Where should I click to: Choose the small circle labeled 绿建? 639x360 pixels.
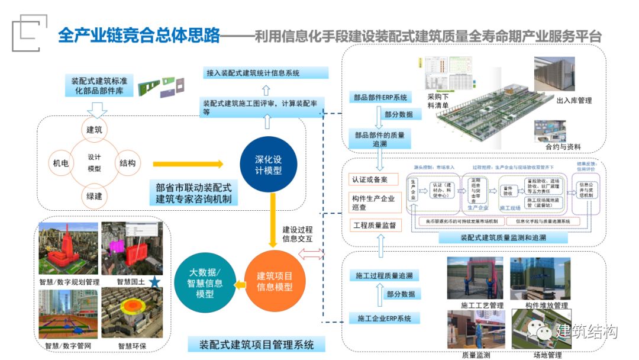click(x=95, y=196)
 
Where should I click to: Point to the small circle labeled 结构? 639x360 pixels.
click(x=127, y=163)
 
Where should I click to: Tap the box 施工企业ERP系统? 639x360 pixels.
click(x=383, y=319)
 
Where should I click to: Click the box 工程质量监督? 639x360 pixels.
click(x=374, y=225)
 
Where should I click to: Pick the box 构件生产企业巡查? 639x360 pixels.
click(x=374, y=202)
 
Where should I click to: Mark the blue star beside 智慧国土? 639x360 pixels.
click(x=155, y=281)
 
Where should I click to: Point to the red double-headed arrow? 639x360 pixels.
click(x=312, y=255)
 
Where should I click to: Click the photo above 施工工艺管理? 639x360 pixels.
click(x=475, y=278)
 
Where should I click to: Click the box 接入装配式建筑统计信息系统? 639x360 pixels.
click(x=264, y=73)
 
